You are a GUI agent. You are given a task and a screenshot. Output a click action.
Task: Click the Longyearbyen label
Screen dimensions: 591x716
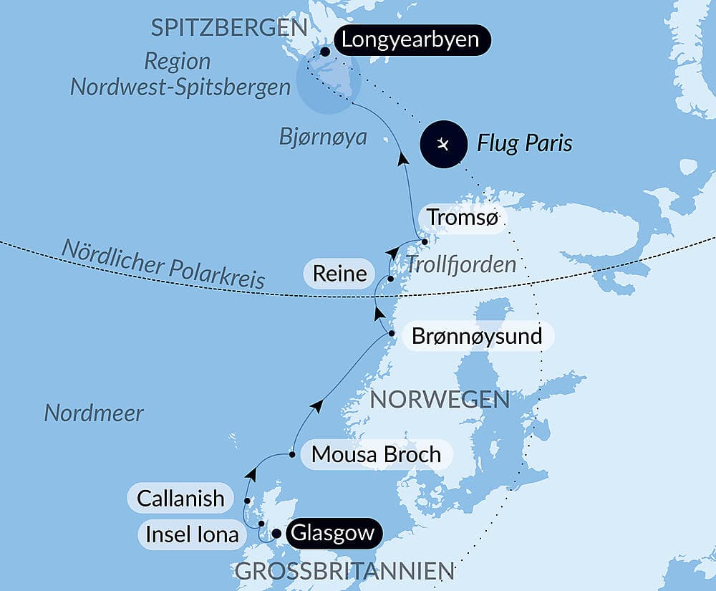pyautogui.click(x=410, y=39)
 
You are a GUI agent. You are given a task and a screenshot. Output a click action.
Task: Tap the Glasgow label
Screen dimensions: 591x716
pyautogui.click(x=334, y=534)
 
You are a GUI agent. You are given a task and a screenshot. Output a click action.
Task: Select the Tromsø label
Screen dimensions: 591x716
pyautogui.click(x=461, y=218)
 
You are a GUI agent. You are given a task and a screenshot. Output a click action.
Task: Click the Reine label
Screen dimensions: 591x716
pyautogui.click(x=339, y=273)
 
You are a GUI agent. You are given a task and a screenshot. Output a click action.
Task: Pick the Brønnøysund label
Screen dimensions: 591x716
pyautogui.click(x=478, y=335)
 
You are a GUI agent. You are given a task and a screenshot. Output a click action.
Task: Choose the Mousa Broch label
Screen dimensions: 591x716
pyautogui.click(x=376, y=455)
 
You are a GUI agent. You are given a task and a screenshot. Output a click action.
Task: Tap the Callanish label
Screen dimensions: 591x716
pyautogui.click(x=180, y=499)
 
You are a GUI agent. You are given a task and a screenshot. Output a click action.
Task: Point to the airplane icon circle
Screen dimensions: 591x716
pyautogui.click(x=443, y=144)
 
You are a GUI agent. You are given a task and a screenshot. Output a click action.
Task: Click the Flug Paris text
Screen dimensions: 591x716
pyautogui.click(x=525, y=143)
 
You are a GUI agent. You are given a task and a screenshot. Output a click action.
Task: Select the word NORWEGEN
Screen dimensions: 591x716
pyautogui.click(x=440, y=400)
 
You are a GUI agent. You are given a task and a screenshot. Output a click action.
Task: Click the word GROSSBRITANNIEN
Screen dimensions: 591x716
pyautogui.click(x=344, y=572)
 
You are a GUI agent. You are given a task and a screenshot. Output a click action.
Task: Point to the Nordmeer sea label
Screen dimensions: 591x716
pyautogui.click(x=94, y=413)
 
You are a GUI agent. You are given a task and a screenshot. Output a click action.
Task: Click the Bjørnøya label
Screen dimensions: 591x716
pyautogui.click(x=323, y=137)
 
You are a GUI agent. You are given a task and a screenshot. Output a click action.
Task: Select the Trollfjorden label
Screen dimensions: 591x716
pyautogui.click(x=461, y=264)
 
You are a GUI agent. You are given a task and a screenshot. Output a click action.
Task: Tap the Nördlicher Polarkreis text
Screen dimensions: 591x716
pyautogui.click(x=163, y=264)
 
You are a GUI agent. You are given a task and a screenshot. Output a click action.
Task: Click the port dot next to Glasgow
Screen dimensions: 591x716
pyautogui.click(x=276, y=534)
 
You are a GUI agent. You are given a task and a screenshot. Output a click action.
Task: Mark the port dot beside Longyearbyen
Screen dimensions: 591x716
pyautogui.click(x=325, y=52)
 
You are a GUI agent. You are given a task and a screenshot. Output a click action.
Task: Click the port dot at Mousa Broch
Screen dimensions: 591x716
pyautogui.click(x=292, y=454)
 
